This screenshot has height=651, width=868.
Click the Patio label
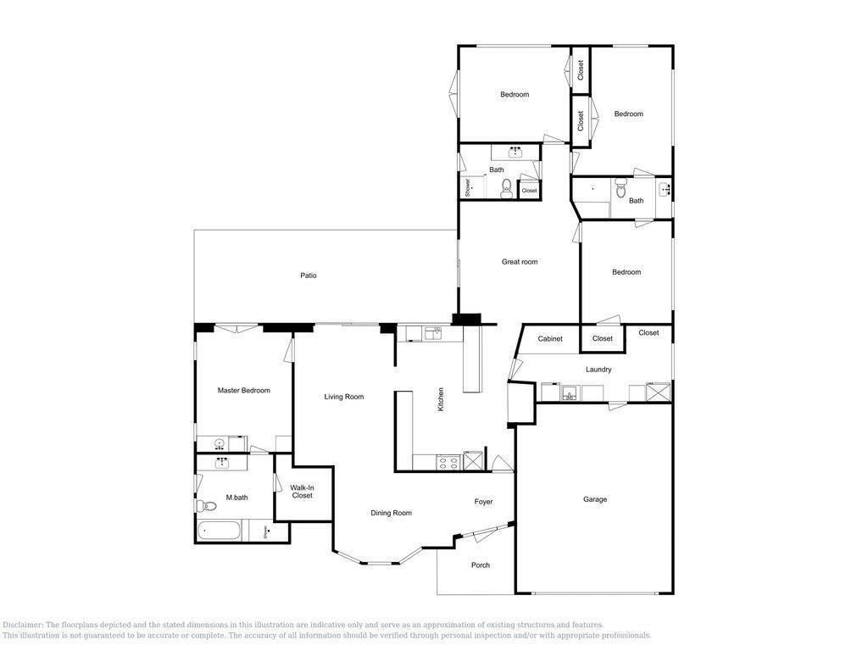pos(309,275)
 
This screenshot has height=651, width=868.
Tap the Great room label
pos(520,262)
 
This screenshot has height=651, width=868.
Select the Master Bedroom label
pos(243,390)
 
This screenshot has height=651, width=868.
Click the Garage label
pos(595,499)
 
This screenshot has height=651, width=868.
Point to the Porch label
pos(481,565)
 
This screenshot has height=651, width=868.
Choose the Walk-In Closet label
pos(303,492)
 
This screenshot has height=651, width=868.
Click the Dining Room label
pos(391,513)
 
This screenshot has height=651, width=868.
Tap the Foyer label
pos(483,502)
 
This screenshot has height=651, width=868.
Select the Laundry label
pos(598,370)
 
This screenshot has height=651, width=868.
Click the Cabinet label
pos(549,339)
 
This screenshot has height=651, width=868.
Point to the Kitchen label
pos(441,399)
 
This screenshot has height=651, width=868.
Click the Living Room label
pos(344,397)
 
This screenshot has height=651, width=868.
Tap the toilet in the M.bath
pos(207,505)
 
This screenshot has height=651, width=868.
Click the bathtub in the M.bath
pos(220,531)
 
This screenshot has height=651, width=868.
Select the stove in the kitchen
pos(449,462)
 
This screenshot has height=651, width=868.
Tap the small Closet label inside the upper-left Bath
pos(529,191)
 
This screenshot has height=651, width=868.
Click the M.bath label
pos(237,498)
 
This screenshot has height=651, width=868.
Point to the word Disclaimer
pos(23,625)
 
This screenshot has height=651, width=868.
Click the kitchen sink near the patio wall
pos(433,333)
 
